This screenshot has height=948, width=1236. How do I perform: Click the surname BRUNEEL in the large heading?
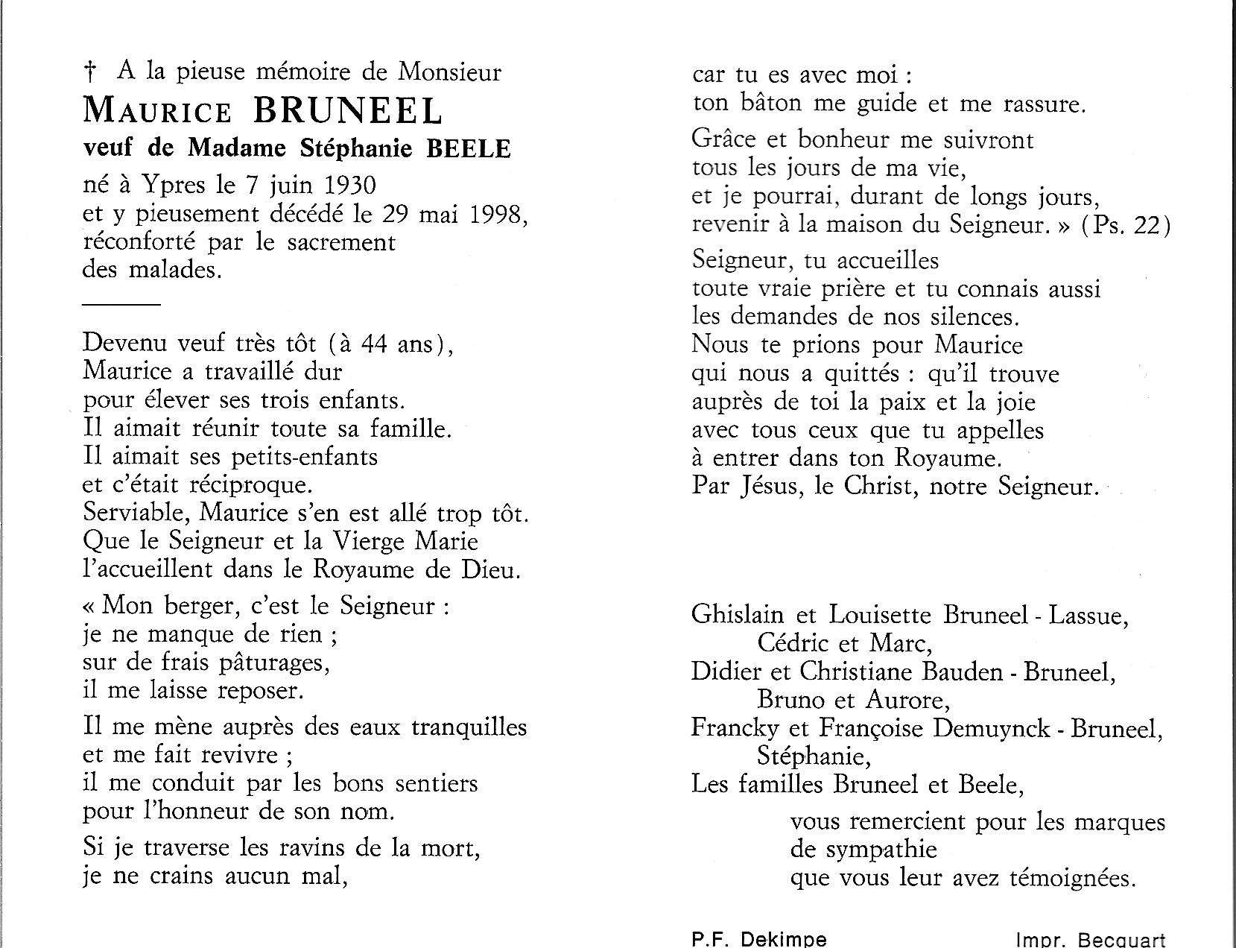pyautogui.click(x=348, y=110)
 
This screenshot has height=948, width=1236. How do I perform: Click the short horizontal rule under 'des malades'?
pyautogui.click(x=121, y=305)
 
